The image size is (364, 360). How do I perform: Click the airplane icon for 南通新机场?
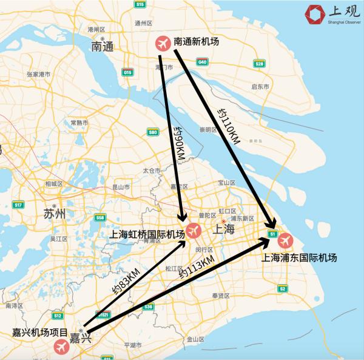tap(163, 43)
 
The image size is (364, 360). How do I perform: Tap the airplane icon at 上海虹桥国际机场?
tap(194, 231)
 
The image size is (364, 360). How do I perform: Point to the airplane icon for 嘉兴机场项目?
tap(61, 347)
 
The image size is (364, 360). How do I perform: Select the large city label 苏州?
tap(55, 214)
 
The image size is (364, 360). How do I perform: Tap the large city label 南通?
tap(103, 46)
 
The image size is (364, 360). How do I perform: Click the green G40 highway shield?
tap(202, 62)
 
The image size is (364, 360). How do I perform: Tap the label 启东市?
tap(260, 87)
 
